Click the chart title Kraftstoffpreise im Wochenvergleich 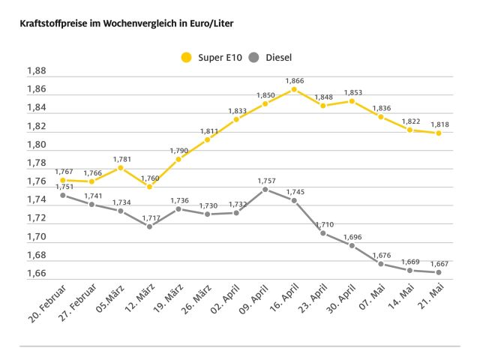click(120, 24)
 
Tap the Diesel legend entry click(272, 57)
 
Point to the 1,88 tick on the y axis click(36, 71)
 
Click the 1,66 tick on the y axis click(36, 274)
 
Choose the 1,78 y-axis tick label click(36, 163)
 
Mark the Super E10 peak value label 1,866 click(294, 80)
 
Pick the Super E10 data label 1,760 click(149, 178)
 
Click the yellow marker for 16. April click(294, 89)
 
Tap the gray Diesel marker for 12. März click(149, 226)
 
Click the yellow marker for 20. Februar click(62, 180)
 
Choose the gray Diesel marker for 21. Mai click(438, 272)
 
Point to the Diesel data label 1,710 click(323, 224)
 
